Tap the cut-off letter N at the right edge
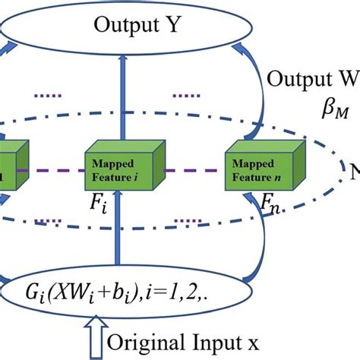pos(354,173)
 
